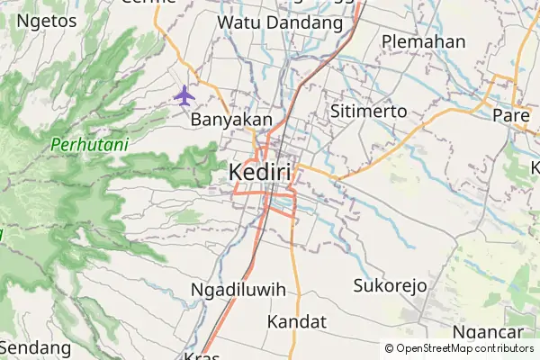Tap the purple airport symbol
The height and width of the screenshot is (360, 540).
point(184,94)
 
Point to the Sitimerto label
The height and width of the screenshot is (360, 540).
point(369,112)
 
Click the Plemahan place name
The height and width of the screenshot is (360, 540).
point(423,41)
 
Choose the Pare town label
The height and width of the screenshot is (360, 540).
point(511,114)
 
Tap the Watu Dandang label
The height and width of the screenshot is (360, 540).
point(280,22)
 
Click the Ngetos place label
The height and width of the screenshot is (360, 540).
point(46,21)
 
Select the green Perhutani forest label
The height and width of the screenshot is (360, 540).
point(89,144)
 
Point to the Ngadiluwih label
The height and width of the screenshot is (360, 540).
point(238,290)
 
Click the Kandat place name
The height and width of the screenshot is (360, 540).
point(297,321)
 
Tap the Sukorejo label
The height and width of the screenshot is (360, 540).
point(389,286)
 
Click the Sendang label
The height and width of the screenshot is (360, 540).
point(36,346)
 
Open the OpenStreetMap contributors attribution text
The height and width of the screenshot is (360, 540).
point(458,348)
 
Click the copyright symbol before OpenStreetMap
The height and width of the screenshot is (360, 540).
point(389,348)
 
